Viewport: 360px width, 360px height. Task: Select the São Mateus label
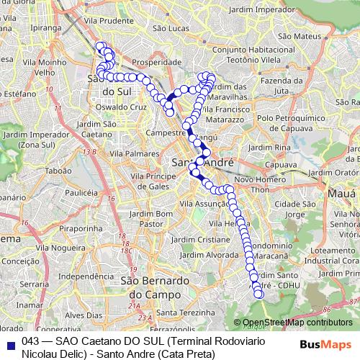click(292, 35)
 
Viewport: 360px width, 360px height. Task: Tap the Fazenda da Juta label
click(276, 86)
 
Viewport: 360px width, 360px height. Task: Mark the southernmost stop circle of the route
click(258, 294)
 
